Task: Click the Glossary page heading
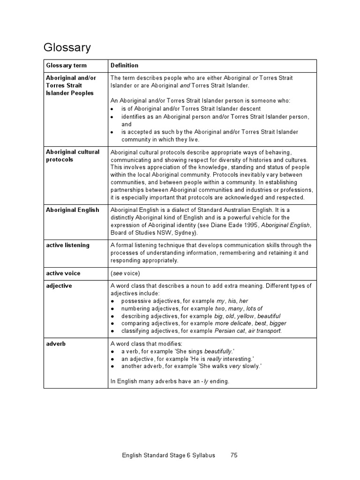point(67,47)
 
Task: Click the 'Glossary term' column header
point(66,66)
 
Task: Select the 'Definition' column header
point(124,66)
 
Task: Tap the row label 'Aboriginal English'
point(73,210)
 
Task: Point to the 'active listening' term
point(67,245)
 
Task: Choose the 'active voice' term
point(63,273)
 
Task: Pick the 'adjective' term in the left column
point(59,286)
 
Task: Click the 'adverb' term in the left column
point(56,344)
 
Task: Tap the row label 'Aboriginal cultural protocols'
point(73,156)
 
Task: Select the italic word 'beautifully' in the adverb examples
point(218,351)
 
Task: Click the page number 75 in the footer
point(234,455)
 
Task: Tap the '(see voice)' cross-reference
point(125,273)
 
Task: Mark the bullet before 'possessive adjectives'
point(113,301)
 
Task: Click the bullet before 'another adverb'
point(113,366)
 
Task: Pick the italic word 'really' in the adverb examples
point(214,359)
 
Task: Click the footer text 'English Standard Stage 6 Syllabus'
point(168,455)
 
